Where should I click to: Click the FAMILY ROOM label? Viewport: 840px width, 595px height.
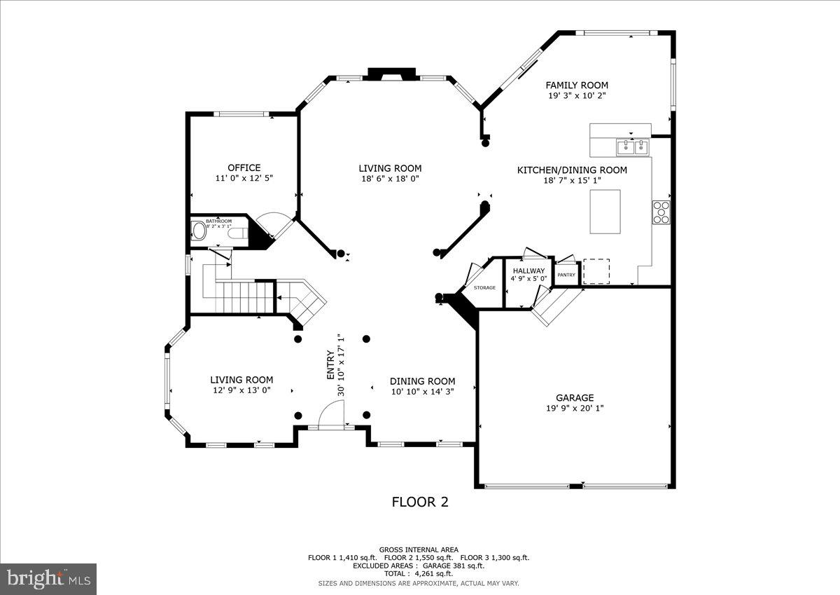tap(577, 86)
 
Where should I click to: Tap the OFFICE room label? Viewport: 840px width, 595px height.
tap(244, 167)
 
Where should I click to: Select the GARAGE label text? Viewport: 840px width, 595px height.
tap(575, 397)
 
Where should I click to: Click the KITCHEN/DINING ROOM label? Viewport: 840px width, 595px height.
tap(572, 170)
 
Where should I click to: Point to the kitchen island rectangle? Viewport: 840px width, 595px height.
tap(605, 211)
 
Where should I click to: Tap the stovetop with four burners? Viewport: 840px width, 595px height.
tap(661, 212)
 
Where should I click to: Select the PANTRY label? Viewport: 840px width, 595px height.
tap(566, 275)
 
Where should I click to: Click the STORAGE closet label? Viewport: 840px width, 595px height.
tap(484, 288)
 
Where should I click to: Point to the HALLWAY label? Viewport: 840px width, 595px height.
tap(528, 271)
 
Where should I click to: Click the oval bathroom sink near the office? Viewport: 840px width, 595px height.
tap(199, 231)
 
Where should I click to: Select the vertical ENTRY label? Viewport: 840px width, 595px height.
tap(330, 365)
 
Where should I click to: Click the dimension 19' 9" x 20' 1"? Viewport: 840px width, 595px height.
tap(575, 409)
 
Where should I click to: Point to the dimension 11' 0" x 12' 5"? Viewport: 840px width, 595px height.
tap(244, 179)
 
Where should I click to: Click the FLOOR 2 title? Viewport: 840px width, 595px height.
tap(419, 502)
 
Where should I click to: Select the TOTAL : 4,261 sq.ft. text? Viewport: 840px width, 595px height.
tap(419, 573)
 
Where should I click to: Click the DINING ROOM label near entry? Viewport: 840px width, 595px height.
tap(423, 381)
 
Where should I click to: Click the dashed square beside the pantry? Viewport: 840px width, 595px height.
tap(596, 271)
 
